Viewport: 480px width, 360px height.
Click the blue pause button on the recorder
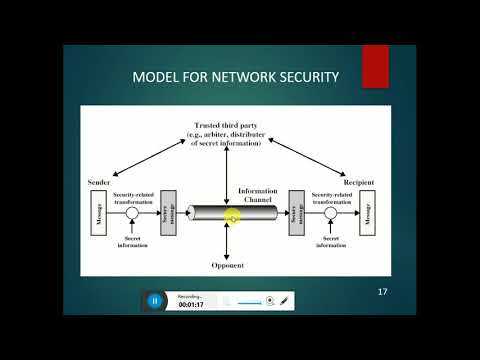155,299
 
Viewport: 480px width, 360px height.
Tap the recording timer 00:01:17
192,304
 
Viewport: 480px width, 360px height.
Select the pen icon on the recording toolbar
285,300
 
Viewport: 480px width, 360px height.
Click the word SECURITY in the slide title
305,76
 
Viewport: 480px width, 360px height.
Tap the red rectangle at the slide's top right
376,65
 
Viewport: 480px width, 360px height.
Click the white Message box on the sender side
99,213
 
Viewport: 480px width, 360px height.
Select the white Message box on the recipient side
366,213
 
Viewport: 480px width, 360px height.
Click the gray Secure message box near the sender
167,213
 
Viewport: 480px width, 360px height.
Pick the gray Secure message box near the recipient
296,213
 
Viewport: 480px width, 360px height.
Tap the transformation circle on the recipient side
330,213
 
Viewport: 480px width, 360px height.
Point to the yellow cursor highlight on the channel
232,216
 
